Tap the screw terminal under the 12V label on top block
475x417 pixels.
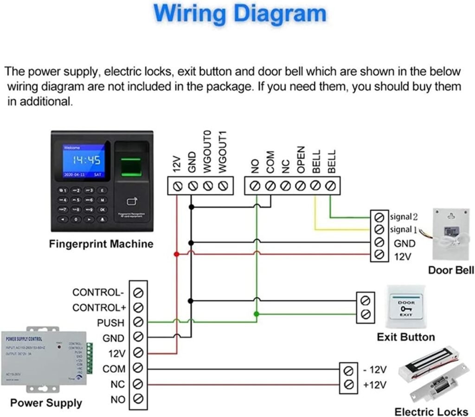coord(176,186)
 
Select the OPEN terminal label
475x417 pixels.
coord(301,160)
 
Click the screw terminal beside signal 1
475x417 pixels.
coord(379,229)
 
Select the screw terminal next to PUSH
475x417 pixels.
coord(138,322)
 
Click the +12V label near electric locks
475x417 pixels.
coord(375,385)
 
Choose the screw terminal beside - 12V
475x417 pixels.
coord(349,371)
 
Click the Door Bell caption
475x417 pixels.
coord(450,270)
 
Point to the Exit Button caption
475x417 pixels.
coord(405,337)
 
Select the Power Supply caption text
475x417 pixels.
coord(46,403)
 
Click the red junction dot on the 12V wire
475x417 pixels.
coord(176,254)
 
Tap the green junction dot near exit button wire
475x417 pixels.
coord(257,314)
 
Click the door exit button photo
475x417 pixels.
coord(405,308)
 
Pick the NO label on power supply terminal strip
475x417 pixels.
coord(118,399)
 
